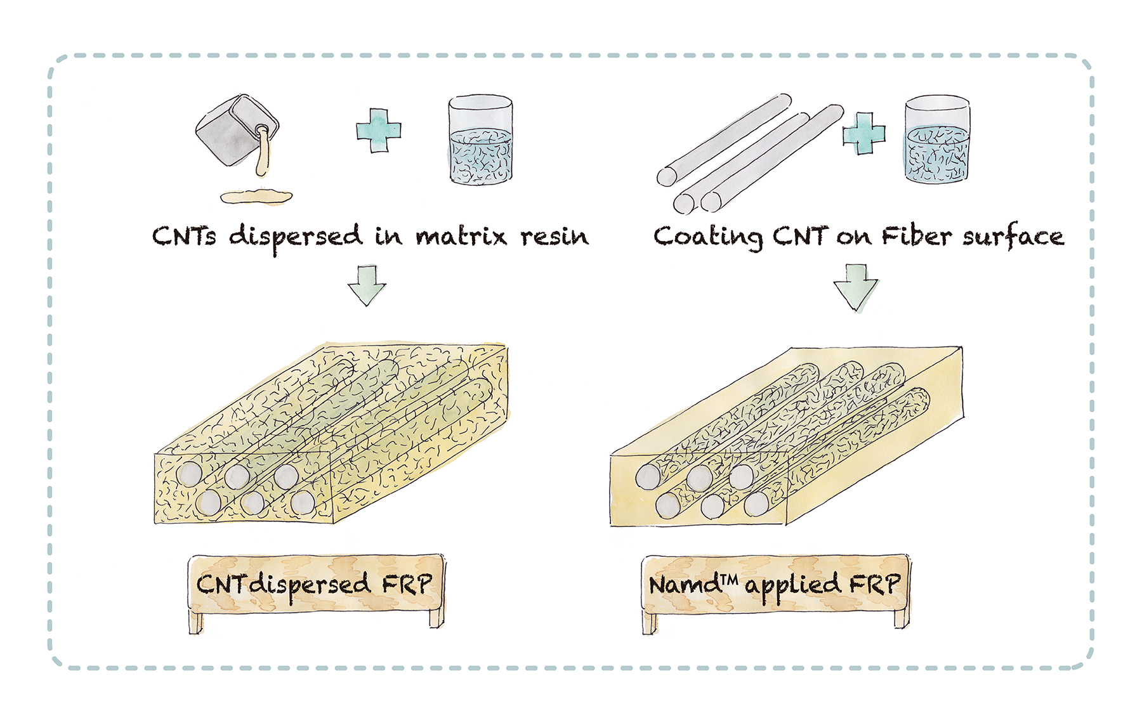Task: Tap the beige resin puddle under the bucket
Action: coord(256,197)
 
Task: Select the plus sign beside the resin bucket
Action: coord(379,130)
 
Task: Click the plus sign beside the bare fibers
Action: coord(863,133)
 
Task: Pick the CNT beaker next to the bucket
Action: coord(480,141)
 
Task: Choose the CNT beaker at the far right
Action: coord(936,140)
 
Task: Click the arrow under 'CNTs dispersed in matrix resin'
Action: coord(367,285)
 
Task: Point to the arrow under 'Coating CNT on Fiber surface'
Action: coord(856,288)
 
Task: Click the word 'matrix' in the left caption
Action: coord(461,237)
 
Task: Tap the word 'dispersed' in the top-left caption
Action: coord(296,237)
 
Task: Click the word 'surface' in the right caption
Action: coord(1013,237)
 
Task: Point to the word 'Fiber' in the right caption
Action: coord(916,237)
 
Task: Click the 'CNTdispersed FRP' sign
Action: coord(316,584)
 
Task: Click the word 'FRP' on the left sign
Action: coord(407,584)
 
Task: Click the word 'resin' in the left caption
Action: coord(555,237)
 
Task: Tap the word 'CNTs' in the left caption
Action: coord(184,237)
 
